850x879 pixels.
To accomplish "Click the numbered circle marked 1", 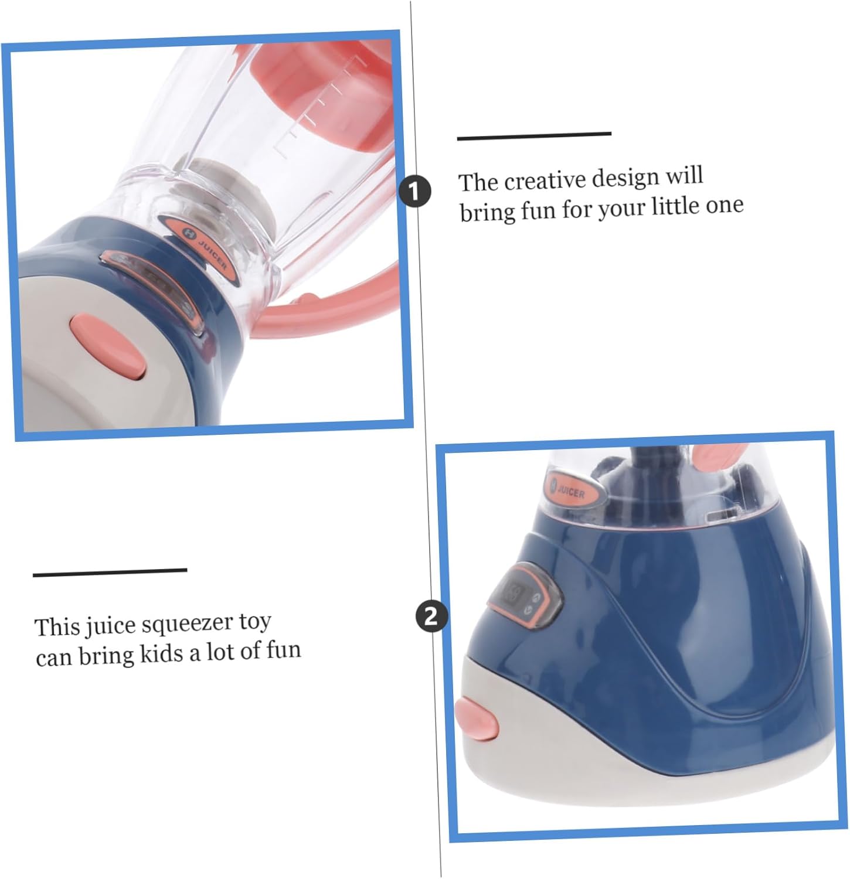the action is (x=415, y=192).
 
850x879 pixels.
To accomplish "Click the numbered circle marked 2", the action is (x=431, y=616).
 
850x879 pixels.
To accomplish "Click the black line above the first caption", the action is (x=534, y=137).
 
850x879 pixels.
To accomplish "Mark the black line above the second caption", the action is (x=110, y=572).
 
